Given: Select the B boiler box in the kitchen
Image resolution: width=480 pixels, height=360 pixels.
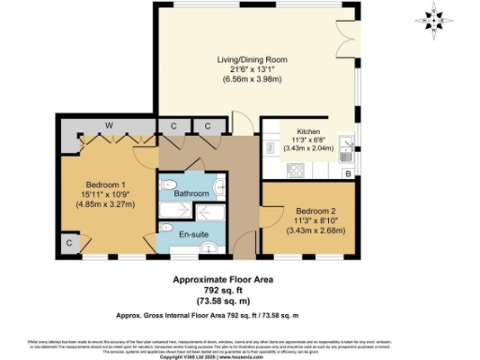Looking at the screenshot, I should (x=348, y=174).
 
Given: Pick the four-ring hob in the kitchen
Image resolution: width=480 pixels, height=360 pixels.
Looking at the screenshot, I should (x=295, y=171).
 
